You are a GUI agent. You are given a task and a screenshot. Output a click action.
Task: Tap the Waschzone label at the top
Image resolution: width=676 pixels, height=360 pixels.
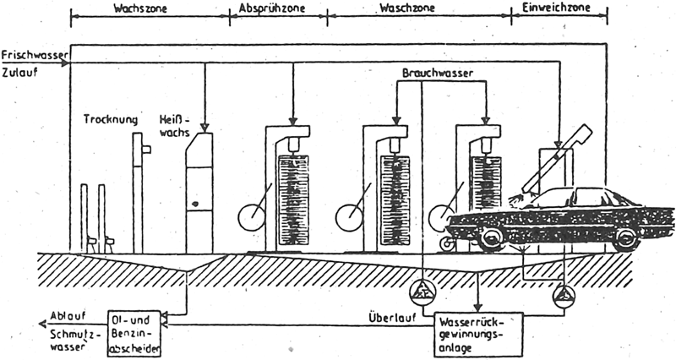tap(407, 8)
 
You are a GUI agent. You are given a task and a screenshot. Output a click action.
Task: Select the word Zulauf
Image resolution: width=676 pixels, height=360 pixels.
tap(19, 72)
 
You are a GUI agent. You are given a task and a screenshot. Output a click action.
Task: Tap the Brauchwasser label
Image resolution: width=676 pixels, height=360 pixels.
tap(438, 74)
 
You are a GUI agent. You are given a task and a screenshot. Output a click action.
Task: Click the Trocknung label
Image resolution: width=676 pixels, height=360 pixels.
tap(111, 119)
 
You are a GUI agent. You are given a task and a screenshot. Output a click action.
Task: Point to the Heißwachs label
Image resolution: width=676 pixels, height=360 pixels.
tap(175, 126)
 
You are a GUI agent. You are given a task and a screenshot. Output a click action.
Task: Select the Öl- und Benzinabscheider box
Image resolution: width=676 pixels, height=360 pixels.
tap(134, 333)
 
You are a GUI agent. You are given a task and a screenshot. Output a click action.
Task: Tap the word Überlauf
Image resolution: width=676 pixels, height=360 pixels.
tap(392, 319)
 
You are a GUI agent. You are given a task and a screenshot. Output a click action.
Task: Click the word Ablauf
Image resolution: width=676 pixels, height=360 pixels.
tap(62, 316)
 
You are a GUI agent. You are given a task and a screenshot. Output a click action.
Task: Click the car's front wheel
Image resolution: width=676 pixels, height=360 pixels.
tap(490, 238)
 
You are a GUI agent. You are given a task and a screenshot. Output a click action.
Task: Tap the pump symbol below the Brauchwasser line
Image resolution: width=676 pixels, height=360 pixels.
tap(422, 292)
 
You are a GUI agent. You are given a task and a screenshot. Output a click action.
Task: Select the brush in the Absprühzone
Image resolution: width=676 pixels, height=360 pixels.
tap(294, 200)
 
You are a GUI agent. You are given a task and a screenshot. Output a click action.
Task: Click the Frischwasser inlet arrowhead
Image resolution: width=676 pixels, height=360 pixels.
tap(65, 63)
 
